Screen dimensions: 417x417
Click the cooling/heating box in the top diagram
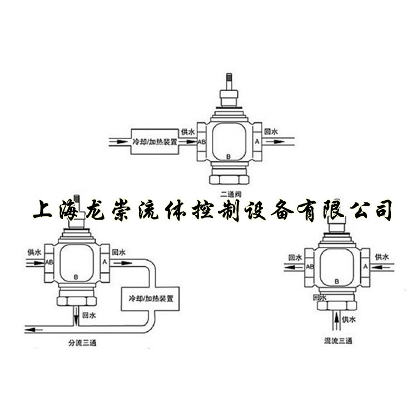click(155, 142)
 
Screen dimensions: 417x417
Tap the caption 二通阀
click(230, 193)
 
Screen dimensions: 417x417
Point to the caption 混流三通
click(338, 340)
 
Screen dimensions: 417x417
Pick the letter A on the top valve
click(257, 142)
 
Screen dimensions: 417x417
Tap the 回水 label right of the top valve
click(271, 132)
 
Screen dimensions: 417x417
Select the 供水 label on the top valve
click(188, 132)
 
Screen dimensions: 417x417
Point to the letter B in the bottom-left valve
click(76, 276)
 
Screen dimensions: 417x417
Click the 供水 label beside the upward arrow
click(348, 320)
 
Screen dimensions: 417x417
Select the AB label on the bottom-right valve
click(310, 267)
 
